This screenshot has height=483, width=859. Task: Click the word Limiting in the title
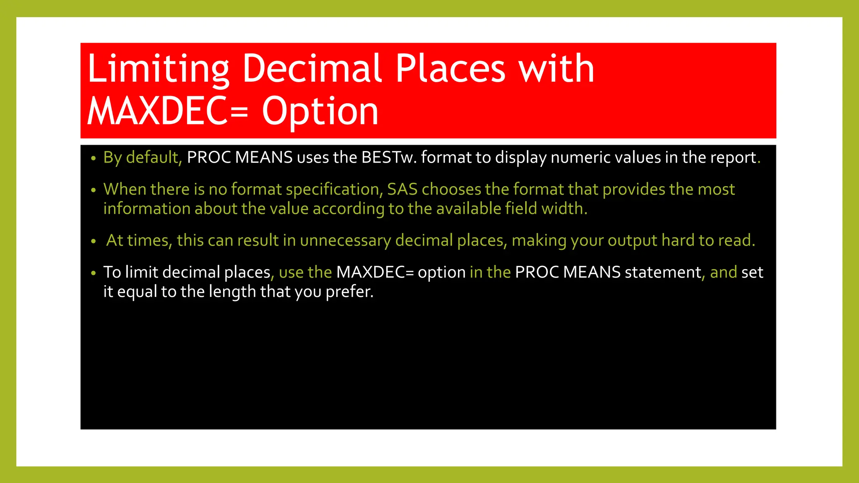158,69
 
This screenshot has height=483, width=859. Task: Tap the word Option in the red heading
320,112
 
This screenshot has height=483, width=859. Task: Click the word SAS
402,189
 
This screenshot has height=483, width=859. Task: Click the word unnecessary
345,240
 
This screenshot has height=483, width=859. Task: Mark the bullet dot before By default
94,158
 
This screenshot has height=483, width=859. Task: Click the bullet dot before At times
94,241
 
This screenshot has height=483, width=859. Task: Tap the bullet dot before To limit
94,273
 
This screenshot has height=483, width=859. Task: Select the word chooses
451,189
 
